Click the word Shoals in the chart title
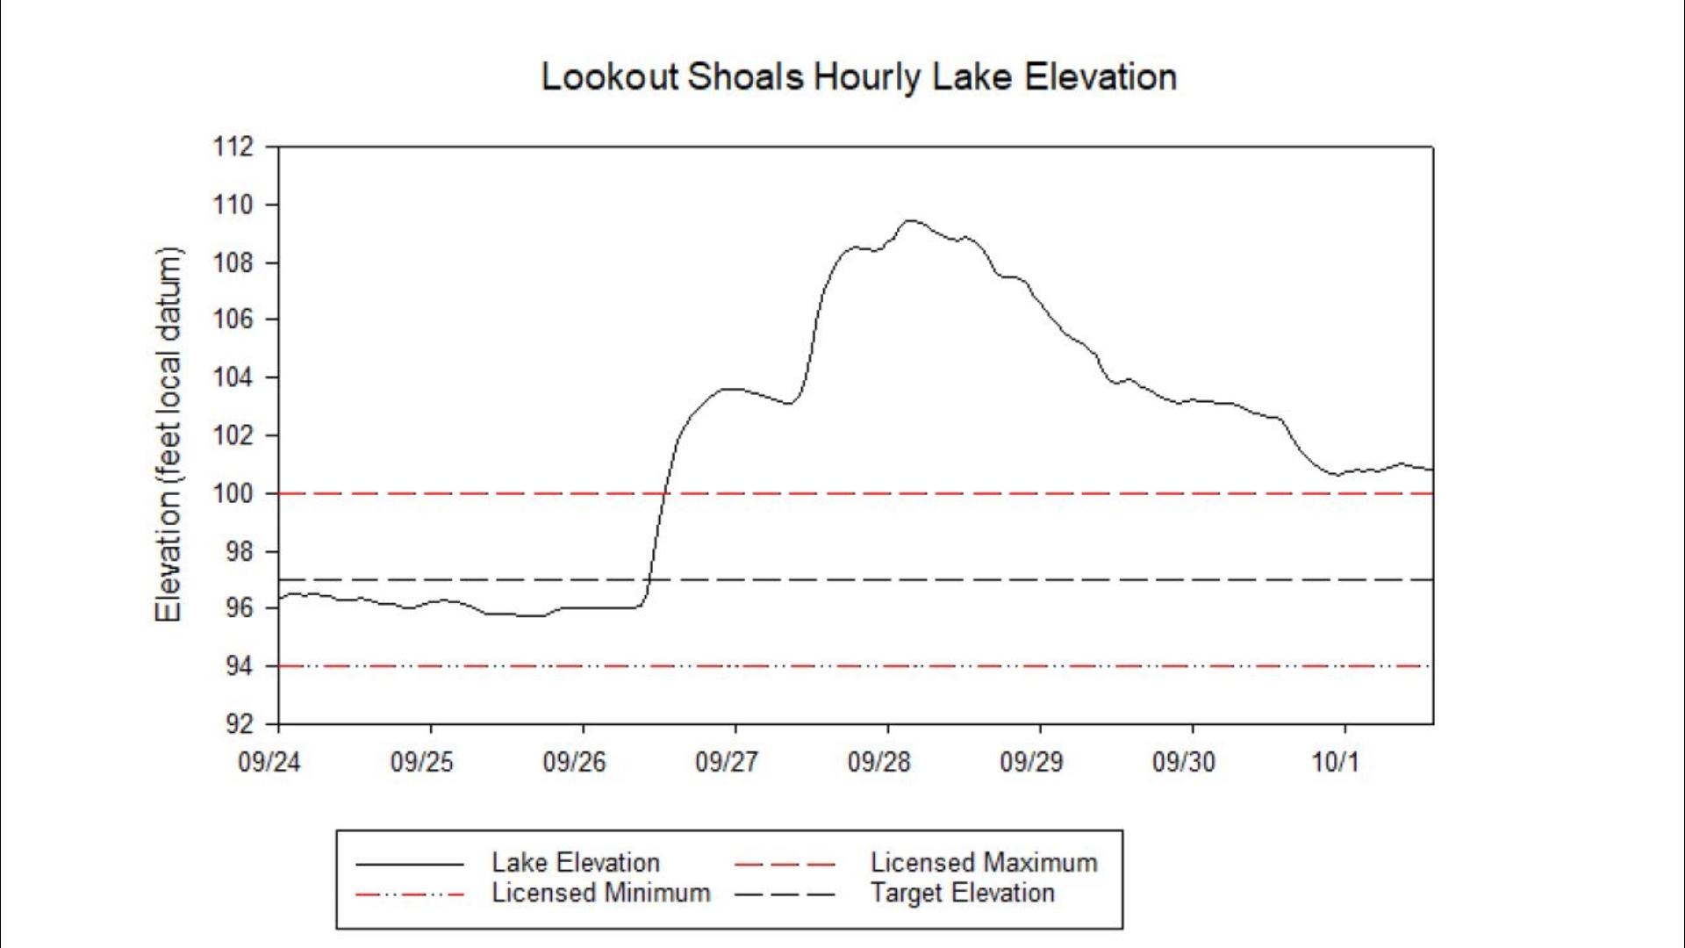coord(745,77)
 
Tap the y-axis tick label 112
coord(233,147)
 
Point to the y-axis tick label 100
coord(233,493)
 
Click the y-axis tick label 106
coord(233,320)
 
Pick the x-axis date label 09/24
coord(269,762)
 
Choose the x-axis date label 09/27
coord(726,762)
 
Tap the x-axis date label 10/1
coord(1335,762)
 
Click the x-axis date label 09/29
coord(1031,762)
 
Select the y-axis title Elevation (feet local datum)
coord(168,435)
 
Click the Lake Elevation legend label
coord(576,863)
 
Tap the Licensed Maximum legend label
coord(984,863)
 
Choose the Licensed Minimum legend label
coord(601,894)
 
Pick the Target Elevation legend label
coord(963,894)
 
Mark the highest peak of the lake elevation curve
coord(910,220)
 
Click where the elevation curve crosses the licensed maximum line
coord(665,493)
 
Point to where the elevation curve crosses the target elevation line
coord(648,580)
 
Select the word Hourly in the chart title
coord(868,77)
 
